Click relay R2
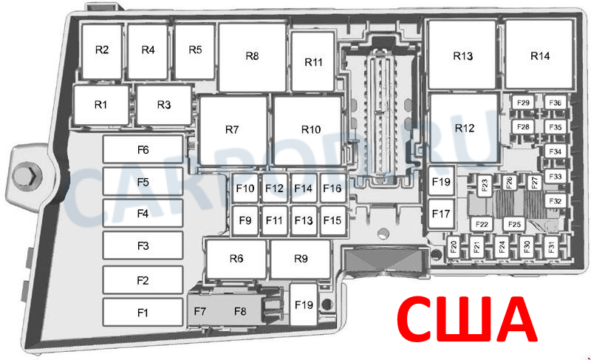pyautogui.click(x=102, y=51)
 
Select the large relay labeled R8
pyautogui.click(x=252, y=58)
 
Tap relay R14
pyautogui.click(x=539, y=55)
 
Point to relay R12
pyautogui.click(x=465, y=128)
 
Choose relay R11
pyautogui.click(x=313, y=61)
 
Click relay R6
pyautogui.click(x=236, y=259)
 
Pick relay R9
pyautogui.click(x=301, y=259)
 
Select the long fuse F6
pyautogui.click(x=143, y=149)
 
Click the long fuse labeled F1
pyautogui.click(x=143, y=313)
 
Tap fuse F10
pyautogui.click(x=245, y=188)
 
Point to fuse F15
pyautogui.click(x=332, y=220)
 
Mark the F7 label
pyautogui.click(x=199, y=311)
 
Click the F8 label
pyautogui.click(x=240, y=311)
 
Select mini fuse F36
pyautogui.click(x=556, y=103)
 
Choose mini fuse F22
pyautogui.click(x=482, y=224)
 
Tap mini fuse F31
pyautogui.click(x=551, y=248)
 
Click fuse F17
pyautogui.click(x=441, y=214)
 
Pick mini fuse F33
pyautogui.click(x=556, y=177)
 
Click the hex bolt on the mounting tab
pyautogui.click(x=24, y=175)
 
